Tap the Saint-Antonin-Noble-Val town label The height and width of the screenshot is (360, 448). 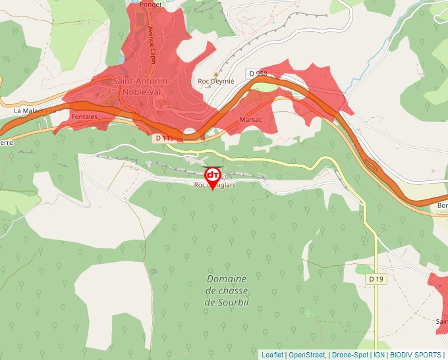point(142,86)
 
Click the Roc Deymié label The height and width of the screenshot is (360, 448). point(216,82)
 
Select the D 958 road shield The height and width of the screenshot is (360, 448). point(258,72)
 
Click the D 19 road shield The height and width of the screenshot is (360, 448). point(376,279)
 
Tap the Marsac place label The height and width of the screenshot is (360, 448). point(251,120)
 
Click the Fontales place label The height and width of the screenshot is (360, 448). point(84,116)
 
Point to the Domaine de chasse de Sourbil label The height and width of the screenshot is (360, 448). point(227,290)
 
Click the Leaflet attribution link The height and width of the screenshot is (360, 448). point(272,355)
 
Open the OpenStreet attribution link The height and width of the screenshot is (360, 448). point(306,355)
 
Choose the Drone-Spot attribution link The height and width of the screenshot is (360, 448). point(349,355)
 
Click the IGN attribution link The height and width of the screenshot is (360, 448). point(379,355)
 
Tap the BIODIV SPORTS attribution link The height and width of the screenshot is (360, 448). point(415,355)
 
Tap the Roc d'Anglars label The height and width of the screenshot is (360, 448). point(215,186)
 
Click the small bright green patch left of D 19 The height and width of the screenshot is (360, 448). point(363,269)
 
